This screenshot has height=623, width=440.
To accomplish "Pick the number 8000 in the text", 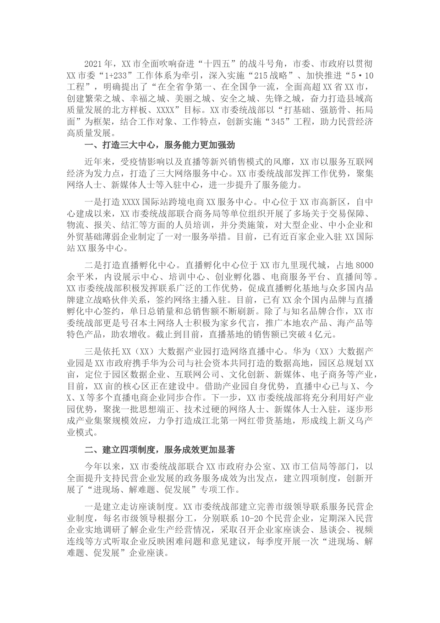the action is pyautogui.click(x=364, y=265).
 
